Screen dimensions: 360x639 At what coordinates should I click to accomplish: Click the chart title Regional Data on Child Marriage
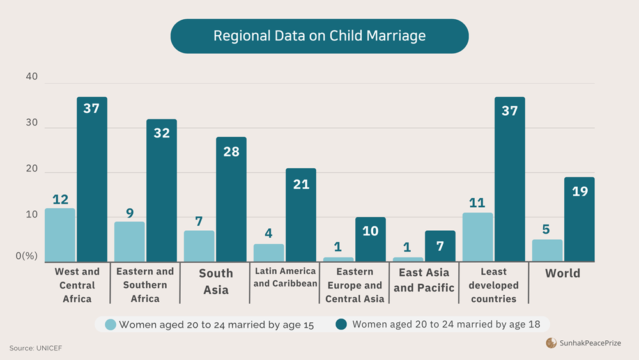[x=319, y=36]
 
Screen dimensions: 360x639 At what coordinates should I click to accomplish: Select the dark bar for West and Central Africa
[x=92, y=179]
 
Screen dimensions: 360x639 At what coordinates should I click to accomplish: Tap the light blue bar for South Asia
[x=199, y=246]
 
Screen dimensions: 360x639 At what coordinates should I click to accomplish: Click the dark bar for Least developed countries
[x=509, y=179]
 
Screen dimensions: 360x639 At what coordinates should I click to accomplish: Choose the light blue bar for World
[x=547, y=250]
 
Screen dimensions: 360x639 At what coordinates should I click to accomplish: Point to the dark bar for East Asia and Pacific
[x=440, y=246]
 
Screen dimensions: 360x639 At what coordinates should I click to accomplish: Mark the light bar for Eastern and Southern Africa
[x=129, y=241]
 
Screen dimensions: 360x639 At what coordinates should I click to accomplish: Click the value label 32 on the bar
[x=162, y=133]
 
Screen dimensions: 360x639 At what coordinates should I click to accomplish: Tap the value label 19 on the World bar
[x=579, y=191]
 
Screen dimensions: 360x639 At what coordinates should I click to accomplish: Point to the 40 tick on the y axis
[x=31, y=77]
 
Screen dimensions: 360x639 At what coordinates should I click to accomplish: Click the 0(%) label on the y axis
[x=27, y=256]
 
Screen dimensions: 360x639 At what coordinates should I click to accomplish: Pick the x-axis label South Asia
[x=216, y=281]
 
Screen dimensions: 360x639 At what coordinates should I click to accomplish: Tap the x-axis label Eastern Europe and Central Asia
[x=355, y=285]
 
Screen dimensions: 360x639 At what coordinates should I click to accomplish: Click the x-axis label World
[x=562, y=273]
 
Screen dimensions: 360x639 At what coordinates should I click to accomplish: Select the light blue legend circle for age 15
[x=110, y=324]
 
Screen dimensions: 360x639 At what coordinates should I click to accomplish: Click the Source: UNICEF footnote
[x=36, y=348]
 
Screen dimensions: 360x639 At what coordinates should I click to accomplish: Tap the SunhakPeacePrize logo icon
[x=551, y=343]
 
